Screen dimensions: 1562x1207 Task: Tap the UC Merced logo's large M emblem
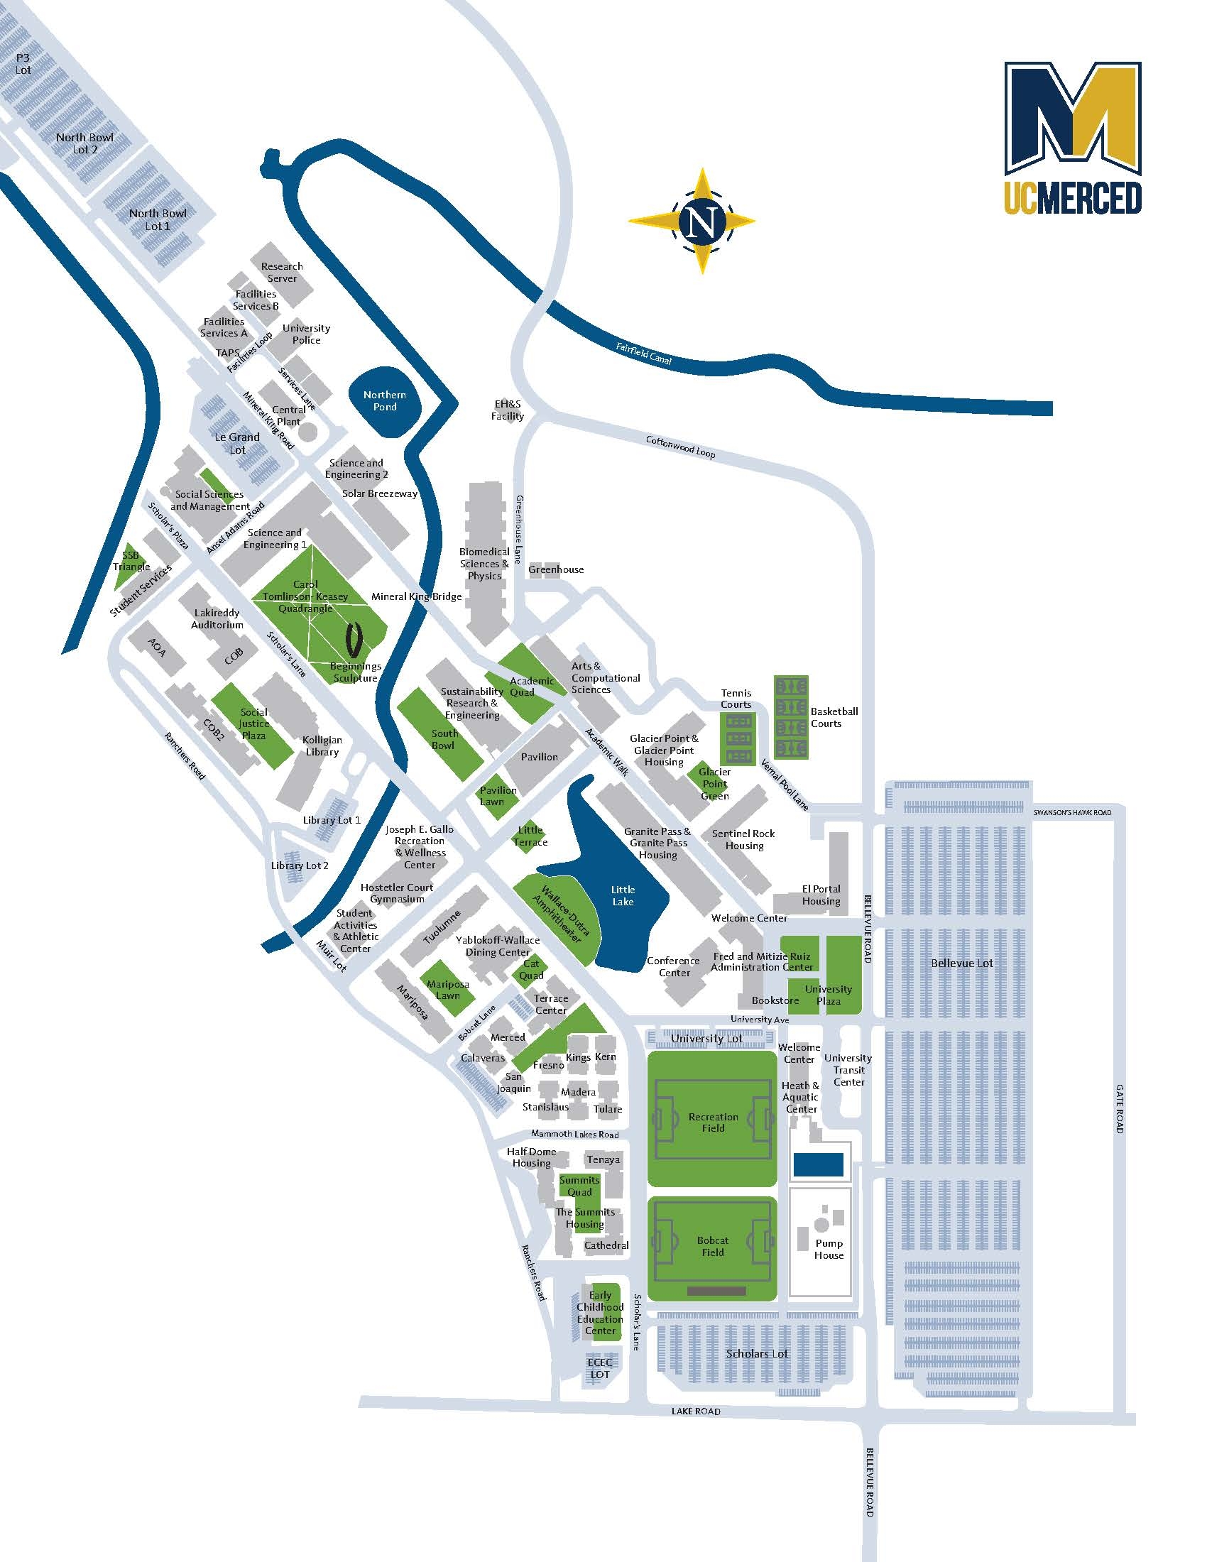click(1072, 118)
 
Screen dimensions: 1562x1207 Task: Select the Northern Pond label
click(384, 400)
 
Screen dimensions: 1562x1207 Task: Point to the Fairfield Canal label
click(643, 354)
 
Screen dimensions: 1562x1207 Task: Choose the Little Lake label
click(623, 896)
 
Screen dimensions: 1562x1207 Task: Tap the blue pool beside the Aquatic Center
click(818, 1164)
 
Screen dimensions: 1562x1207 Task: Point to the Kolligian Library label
click(322, 746)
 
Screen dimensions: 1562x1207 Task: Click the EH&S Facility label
click(508, 410)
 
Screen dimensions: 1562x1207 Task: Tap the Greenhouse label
click(557, 569)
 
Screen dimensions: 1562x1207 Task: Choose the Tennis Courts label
click(736, 698)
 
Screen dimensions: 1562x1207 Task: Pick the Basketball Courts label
click(834, 717)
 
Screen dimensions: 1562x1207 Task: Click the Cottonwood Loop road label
click(680, 447)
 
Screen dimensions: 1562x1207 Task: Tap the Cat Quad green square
click(531, 970)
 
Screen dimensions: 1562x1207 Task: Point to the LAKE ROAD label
click(696, 1411)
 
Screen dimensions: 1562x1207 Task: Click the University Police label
click(306, 334)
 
